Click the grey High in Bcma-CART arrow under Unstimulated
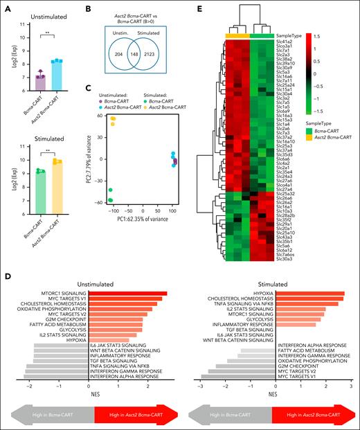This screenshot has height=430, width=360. [x=55, y=413]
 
